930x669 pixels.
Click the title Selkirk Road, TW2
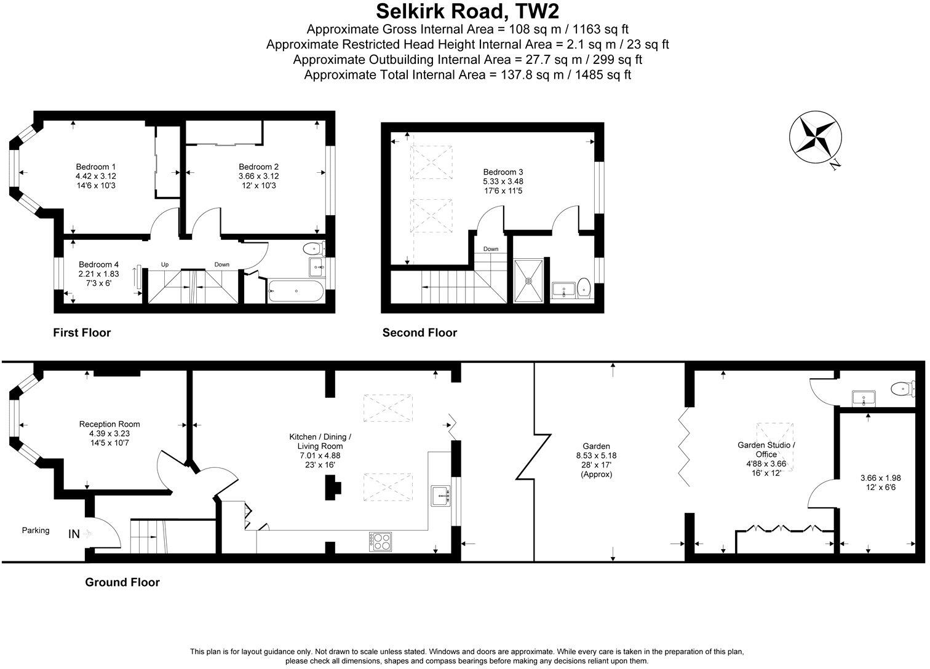tap(467, 12)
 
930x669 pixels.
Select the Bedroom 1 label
tap(96, 167)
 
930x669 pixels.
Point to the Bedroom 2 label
tap(259, 167)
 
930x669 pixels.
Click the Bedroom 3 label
tap(503, 172)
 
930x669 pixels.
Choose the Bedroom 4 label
tap(98, 265)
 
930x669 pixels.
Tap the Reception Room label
tap(109, 424)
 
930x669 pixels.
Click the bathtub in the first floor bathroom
tap(296, 291)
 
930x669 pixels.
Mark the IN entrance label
tap(74, 534)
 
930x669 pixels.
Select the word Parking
tap(36, 530)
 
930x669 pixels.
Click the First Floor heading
tap(82, 333)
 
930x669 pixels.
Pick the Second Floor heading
tap(419, 333)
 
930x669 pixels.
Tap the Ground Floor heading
tap(122, 582)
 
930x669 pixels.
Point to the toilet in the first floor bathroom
tap(314, 250)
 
